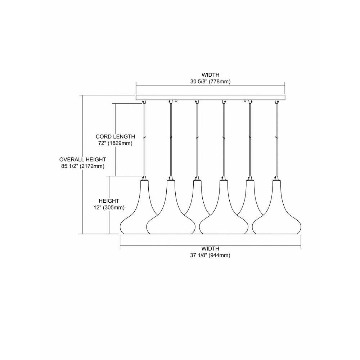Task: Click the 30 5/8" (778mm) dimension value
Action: coord(210,81)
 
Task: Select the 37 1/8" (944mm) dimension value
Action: coord(210,255)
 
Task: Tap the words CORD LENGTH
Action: coord(115,136)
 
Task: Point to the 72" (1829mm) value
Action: coord(115,144)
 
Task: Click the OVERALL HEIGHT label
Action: coord(83,159)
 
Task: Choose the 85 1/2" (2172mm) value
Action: coord(83,166)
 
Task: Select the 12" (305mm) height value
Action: coord(109,208)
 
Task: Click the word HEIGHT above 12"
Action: coord(109,201)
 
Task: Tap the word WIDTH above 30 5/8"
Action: coord(211,75)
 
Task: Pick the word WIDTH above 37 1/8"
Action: coord(210,248)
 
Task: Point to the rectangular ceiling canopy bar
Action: coord(211,97)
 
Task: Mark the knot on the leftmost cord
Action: coord(144,138)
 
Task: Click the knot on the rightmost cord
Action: coord(276,138)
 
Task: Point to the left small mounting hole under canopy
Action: coord(176,100)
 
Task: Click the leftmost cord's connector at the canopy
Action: coord(144,102)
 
